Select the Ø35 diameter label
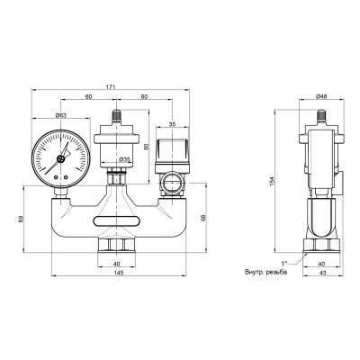[124, 159]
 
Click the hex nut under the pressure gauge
[59, 189]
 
